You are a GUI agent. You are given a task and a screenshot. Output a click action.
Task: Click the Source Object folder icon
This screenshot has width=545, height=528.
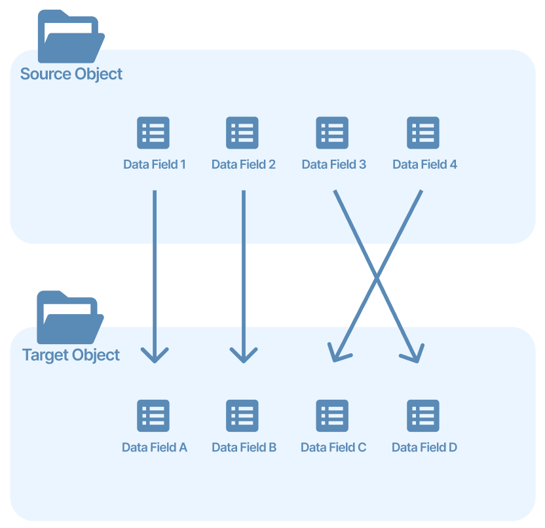click(71, 37)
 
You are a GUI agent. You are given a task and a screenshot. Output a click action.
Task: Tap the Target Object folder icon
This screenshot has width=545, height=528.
click(69, 318)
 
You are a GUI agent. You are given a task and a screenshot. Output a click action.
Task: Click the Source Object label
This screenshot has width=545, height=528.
click(71, 73)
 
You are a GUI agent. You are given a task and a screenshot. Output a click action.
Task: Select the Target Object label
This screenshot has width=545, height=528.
click(71, 355)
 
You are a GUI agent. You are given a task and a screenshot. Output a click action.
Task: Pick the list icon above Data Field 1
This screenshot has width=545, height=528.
click(153, 133)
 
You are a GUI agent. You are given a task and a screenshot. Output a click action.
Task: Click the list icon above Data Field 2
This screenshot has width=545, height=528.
click(242, 133)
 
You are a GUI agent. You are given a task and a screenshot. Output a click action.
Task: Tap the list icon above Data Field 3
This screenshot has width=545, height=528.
click(332, 133)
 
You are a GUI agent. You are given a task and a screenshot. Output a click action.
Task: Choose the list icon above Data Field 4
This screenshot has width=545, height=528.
click(423, 133)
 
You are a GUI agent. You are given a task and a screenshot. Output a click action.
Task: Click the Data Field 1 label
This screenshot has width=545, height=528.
click(155, 164)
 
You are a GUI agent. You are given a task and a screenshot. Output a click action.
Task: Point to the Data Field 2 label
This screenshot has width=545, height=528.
click(244, 164)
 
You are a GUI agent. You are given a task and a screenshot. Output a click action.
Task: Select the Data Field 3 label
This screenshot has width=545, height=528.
click(334, 164)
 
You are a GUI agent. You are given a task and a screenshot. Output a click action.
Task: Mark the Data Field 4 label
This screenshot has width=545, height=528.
click(424, 164)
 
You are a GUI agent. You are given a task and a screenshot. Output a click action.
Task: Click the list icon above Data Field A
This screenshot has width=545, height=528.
click(153, 415)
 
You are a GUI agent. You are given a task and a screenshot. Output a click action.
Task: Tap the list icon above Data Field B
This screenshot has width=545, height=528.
click(242, 415)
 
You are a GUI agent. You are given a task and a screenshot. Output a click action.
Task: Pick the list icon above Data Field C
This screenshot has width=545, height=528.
click(332, 415)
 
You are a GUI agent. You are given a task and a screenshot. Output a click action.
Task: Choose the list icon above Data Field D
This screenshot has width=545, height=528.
click(423, 415)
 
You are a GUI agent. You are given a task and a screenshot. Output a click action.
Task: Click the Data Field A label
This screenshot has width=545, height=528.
click(155, 448)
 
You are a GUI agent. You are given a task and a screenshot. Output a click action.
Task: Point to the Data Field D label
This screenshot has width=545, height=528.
click(424, 448)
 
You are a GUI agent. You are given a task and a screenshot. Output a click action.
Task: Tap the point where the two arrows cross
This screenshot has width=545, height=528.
click(377, 277)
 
